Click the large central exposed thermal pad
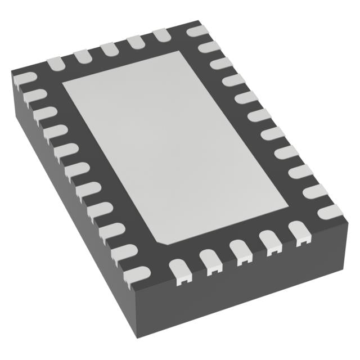point(169,146)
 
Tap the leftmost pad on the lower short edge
point(179,270)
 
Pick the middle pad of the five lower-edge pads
point(240,251)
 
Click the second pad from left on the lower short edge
point(210,261)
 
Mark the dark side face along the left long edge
point(67,225)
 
